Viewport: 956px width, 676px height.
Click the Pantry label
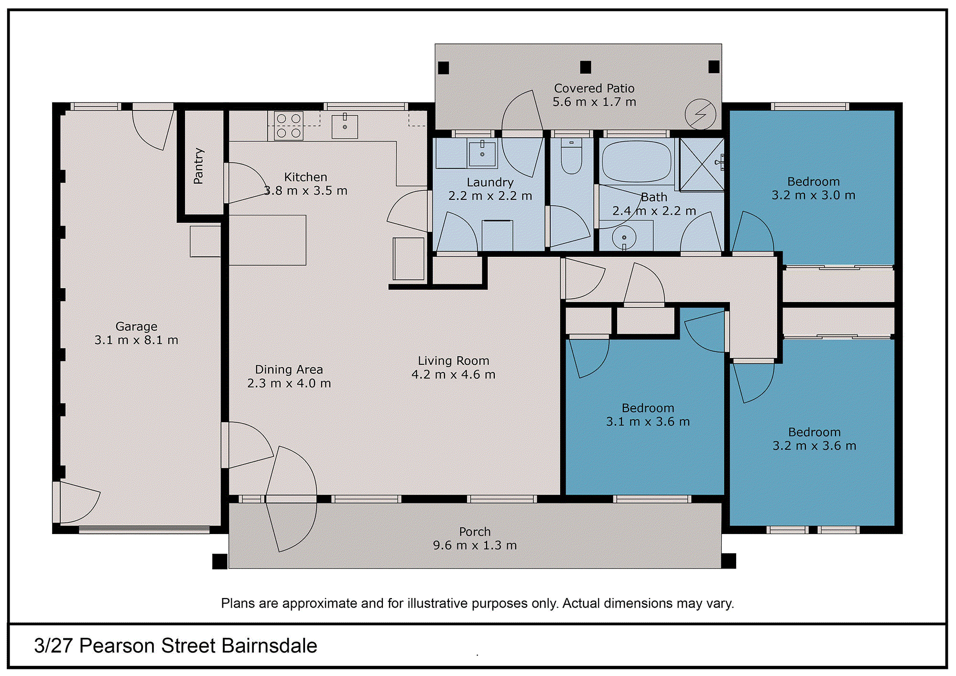tap(198, 166)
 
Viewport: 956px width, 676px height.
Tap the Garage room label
tap(136, 327)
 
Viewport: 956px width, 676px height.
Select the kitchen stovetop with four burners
tap(289, 125)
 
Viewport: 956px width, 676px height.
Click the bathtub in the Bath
tap(636, 162)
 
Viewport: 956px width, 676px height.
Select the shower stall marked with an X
tap(702, 164)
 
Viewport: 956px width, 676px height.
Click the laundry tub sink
tap(482, 153)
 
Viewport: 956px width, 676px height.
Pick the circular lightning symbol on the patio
tap(700, 114)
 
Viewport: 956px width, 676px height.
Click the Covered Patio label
tap(594, 88)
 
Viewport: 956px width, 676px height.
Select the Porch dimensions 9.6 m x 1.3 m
tap(475, 545)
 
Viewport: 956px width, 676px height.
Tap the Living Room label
tap(454, 361)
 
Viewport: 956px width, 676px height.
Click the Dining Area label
tap(289, 370)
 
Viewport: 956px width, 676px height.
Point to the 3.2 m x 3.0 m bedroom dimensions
tap(814, 196)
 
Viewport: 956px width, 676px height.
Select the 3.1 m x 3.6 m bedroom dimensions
tap(648, 422)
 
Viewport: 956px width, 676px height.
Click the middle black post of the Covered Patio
tap(586, 67)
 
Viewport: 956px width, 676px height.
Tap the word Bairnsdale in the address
tap(270, 646)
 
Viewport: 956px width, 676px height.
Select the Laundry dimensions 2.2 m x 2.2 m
tap(490, 196)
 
